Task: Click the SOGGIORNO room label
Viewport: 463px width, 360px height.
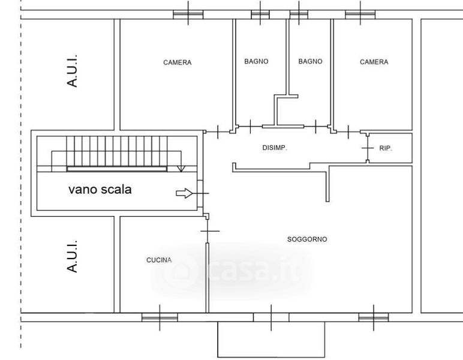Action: [307, 239]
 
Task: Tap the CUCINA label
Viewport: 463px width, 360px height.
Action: [159, 260]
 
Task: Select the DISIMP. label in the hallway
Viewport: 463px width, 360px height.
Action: [275, 148]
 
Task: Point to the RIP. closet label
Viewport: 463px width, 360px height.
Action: [386, 148]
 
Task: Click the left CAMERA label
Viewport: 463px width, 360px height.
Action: [177, 62]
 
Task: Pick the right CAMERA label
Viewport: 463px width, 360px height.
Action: [374, 62]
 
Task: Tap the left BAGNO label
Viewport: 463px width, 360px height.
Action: [256, 61]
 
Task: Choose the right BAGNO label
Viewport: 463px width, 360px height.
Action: [310, 61]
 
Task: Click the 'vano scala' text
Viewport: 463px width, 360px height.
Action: [100, 190]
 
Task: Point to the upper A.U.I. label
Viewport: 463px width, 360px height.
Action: [73, 71]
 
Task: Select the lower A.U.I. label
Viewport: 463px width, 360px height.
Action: [73, 256]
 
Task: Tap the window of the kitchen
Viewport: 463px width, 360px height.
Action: [160, 317]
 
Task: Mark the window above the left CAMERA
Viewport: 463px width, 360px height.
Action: [188, 14]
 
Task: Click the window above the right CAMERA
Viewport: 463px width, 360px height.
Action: [360, 14]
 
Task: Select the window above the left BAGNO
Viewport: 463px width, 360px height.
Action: [260, 14]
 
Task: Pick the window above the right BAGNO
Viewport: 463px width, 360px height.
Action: [299, 14]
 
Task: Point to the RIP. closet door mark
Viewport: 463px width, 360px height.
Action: [368, 148]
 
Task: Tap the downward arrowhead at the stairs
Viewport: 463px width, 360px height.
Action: [181, 169]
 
